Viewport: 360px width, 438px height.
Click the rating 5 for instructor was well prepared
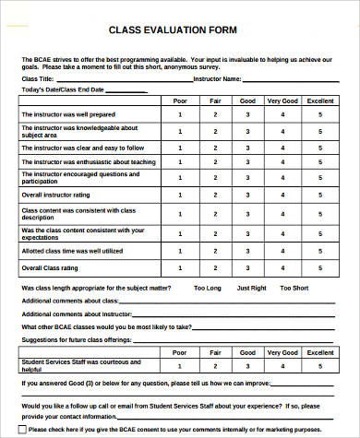320,115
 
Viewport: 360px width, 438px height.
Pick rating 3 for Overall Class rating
247,268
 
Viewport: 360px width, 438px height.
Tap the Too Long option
208,288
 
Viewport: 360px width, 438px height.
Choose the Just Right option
250,288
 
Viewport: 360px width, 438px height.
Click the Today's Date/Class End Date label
62,89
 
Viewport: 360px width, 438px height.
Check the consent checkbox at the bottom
23,430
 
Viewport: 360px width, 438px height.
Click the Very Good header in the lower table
283,352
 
